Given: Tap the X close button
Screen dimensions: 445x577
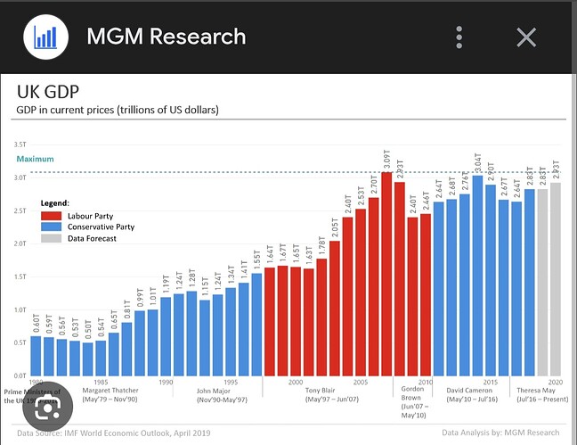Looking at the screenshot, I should click(x=526, y=37).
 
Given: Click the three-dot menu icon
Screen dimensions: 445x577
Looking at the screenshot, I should click(x=459, y=37).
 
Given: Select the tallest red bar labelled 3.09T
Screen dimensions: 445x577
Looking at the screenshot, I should click(x=386, y=273).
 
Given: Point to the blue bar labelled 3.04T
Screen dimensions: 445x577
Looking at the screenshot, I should click(x=477, y=275).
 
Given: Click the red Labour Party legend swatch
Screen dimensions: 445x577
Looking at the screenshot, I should click(x=50, y=215).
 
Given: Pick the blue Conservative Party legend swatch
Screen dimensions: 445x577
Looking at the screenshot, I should click(x=50, y=227).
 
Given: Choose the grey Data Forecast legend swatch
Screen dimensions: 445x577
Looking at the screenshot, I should click(x=50, y=238).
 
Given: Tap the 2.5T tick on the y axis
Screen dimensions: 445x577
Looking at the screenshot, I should click(x=20, y=210).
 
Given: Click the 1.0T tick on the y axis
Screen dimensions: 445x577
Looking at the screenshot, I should click(x=20, y=309).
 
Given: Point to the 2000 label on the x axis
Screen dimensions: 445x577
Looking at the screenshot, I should click(x=296, y=381).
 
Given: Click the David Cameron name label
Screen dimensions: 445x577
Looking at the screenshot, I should click(x=469, y=391).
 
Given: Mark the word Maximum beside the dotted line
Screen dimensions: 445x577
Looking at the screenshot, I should click(x=35, y=159).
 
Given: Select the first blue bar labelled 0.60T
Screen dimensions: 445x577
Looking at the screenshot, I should click(x=36, y=355).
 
